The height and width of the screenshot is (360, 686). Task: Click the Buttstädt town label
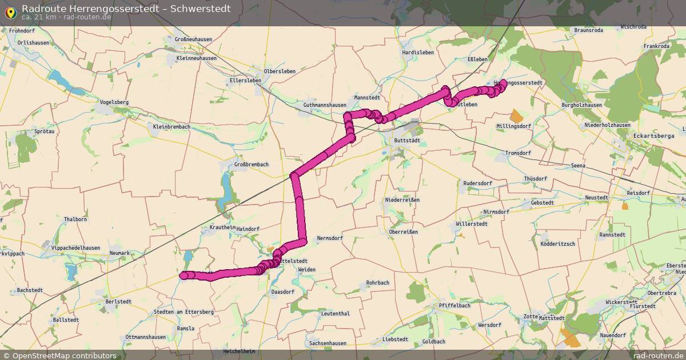click(x=407, y=140)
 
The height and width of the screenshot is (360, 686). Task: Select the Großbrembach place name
click(x=251, y=165)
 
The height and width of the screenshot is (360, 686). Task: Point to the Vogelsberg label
click(x=114, y=102)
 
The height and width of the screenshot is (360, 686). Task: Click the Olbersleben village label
click(x=280, y=71)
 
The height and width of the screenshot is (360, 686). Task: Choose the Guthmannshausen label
click(x=325, y=105)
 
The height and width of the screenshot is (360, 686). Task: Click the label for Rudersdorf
click(x=477, y=183)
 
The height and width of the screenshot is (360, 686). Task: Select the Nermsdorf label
click(x=329, y=238)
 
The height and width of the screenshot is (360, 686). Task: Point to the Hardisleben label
click(x=418, y=53)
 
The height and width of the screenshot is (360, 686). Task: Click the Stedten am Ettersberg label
click(x=184, y=312)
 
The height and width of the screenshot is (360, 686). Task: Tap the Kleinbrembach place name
click(x=171, y=126)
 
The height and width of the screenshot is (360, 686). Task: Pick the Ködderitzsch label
click(x=557, y=244)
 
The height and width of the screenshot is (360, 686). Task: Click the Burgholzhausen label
click(x=582, y=105)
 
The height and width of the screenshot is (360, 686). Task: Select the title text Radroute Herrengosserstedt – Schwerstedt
click(x=126, y=8)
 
